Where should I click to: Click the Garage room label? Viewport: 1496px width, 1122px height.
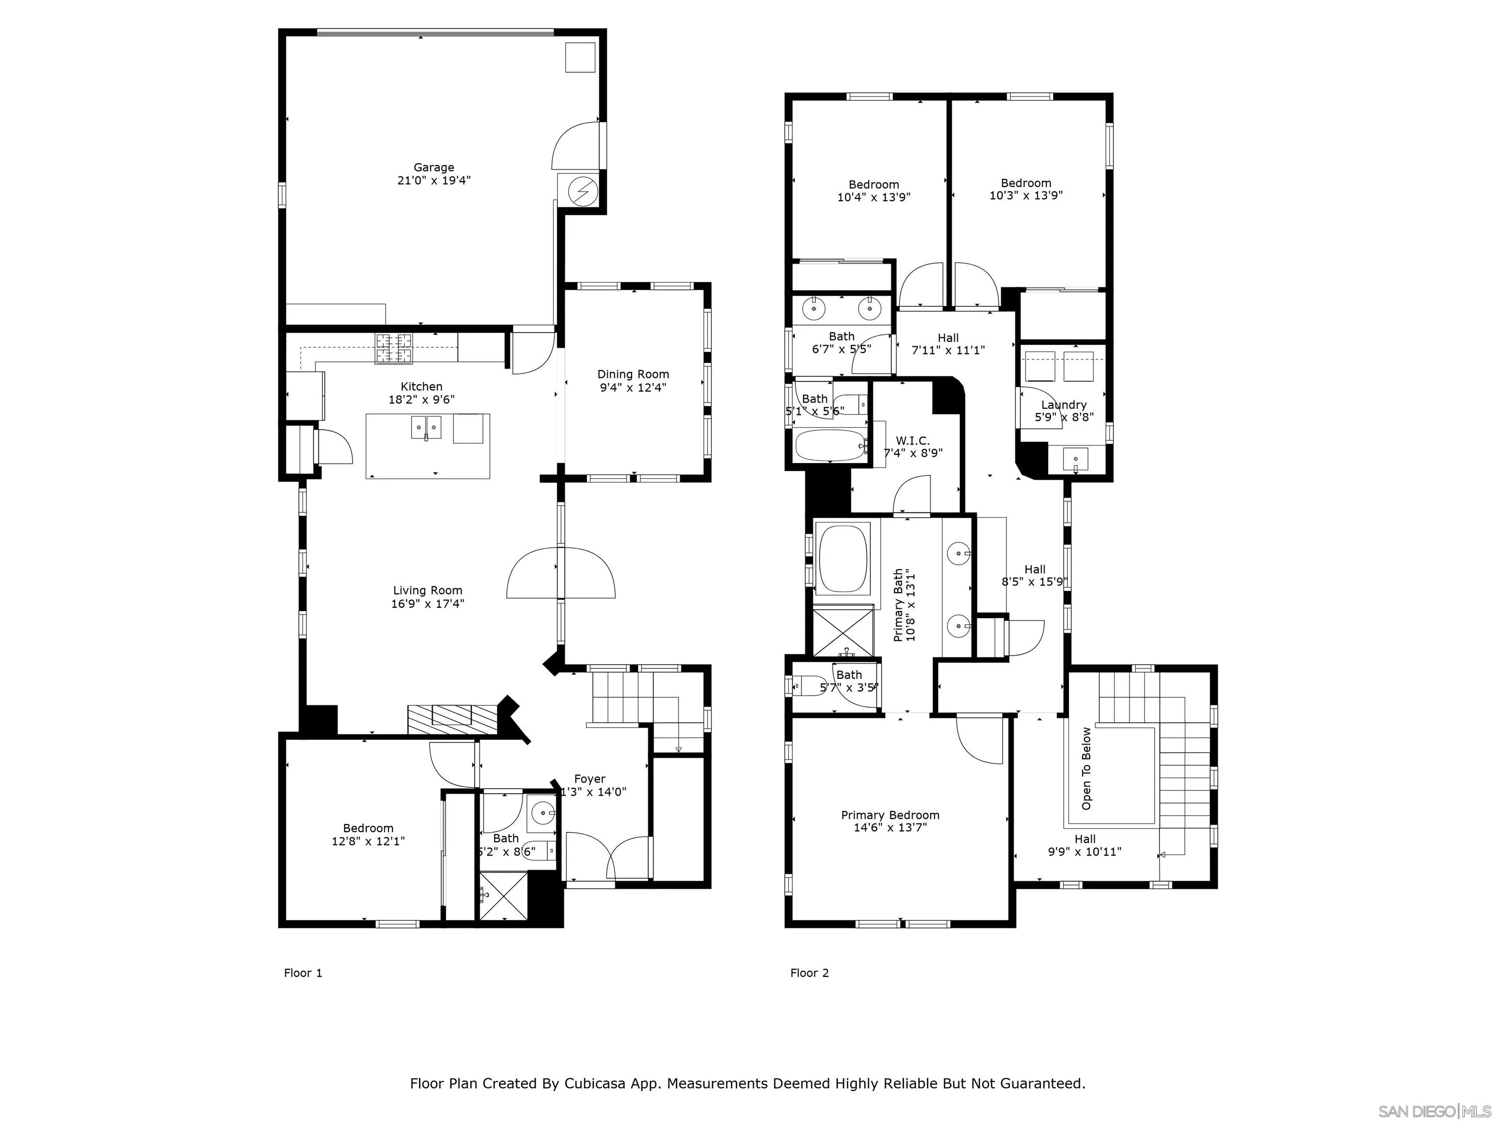click(433, 168)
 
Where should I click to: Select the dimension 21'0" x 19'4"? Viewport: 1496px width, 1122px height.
click(433, 181)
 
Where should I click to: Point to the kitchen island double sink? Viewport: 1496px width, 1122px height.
click(426, 428)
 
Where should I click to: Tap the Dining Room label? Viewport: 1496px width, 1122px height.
click(633, 374)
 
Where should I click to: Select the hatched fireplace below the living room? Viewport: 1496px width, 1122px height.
click(452, 720)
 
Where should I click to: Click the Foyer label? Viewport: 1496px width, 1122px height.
click(590, 779)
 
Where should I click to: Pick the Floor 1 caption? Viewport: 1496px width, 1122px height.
click(303, 973)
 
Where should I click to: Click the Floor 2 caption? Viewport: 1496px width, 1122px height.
click(809, 973)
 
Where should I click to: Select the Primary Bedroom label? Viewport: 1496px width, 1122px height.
click(890, 815)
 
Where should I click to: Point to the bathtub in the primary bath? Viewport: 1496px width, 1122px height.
click(842, 560)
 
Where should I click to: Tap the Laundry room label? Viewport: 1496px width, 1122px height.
click(1064, 404)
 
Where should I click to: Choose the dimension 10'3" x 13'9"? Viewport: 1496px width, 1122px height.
click(1026, 195)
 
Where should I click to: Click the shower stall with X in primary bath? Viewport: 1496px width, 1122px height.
click(842, 633)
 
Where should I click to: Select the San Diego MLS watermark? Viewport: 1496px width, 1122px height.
click(1434, 1111)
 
